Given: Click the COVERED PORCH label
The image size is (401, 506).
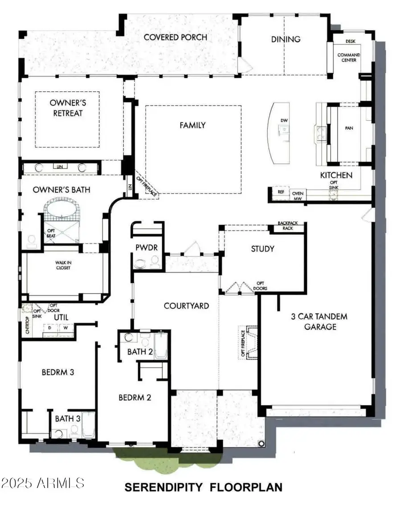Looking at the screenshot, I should pos(175,37).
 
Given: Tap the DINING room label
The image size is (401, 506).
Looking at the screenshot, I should pos(286,39).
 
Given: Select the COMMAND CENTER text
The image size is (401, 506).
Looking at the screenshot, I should pos(348,57).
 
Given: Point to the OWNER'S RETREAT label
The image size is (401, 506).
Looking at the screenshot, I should pos(67,108).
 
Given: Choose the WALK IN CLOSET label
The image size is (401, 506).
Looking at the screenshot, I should pos(63,265).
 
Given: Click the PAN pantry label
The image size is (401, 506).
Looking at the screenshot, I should pos(349,127).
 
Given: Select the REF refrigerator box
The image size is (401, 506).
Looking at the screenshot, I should pos(281,192).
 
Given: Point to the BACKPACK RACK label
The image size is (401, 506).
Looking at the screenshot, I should pos(287,226).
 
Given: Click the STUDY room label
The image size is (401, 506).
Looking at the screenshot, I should pos(262,249).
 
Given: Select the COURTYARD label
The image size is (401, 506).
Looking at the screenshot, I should pos(186,306).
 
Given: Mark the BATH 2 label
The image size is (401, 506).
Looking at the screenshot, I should pos(140,352).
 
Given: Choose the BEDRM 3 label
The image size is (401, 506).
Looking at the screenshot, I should pos(58,372).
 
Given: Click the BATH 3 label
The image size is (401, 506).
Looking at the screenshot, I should pos(68,419).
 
